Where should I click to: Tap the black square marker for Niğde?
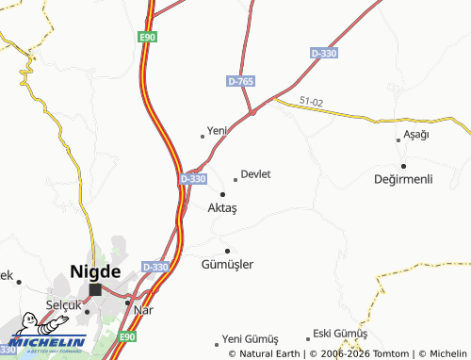tap(95, 290)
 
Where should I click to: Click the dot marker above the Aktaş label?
tap(222, 194)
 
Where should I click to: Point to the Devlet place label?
tap(256, 174)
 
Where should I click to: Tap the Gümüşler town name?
tap(227, 265)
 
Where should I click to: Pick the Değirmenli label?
tap(402, 179)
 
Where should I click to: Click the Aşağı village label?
tap(415, 136)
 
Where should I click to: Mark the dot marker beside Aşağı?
tap(399, 139)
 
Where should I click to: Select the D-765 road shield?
tap(240, 82)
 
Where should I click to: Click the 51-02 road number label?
tap(312, 101)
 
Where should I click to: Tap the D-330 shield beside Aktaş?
tap(192, 178)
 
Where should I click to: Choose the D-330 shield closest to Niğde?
tap(155, 267)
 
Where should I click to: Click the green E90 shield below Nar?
tap(130, 336)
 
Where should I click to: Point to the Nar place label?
tap(143, 309)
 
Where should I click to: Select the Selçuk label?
tap(65, 305)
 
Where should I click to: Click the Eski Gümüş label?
tap(339, 334)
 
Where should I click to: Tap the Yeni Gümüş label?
tap(250, 338)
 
